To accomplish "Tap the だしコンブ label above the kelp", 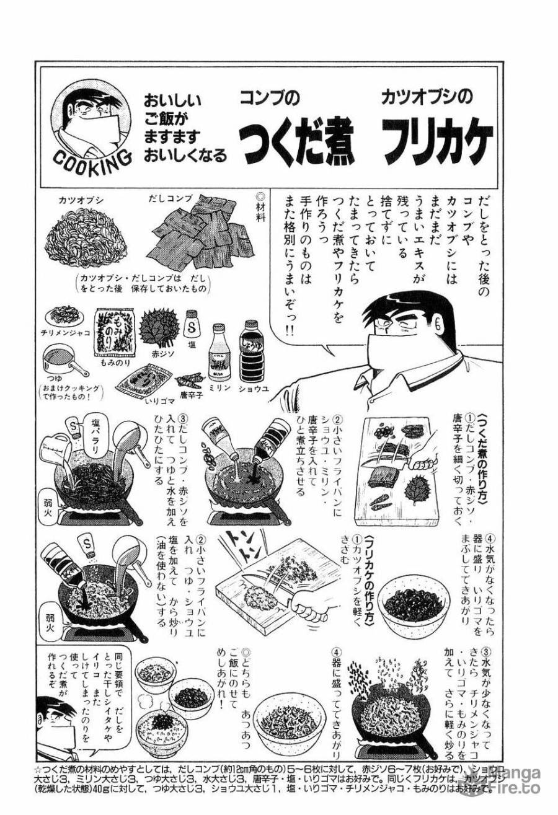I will (170, 199).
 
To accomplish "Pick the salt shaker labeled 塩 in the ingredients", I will (192, 324).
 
